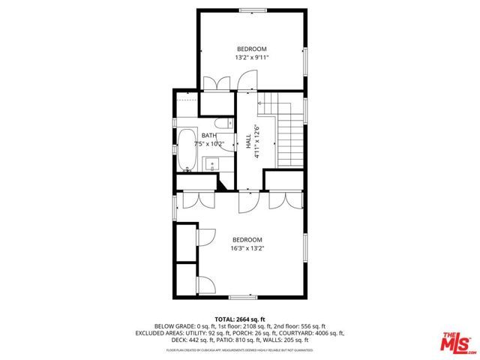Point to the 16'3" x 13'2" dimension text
247,248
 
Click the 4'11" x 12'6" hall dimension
256,141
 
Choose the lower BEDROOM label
247,240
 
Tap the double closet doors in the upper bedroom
217,82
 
